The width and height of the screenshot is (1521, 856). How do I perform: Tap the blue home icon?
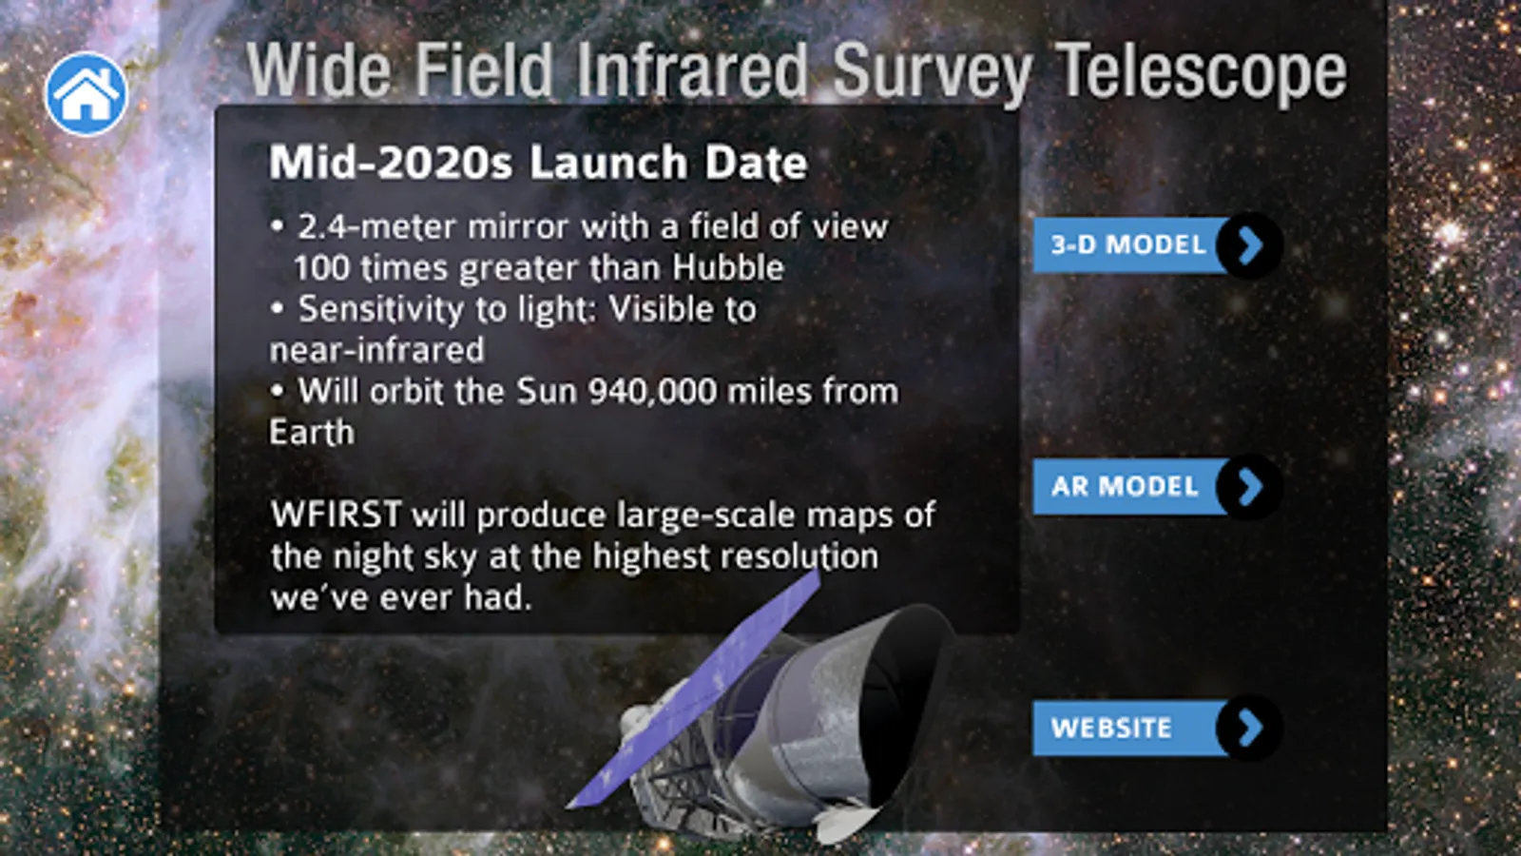click(87, 94)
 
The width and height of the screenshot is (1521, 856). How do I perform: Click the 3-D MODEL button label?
click(1127, 244)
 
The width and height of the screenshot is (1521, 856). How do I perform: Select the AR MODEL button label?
click(1125, 486)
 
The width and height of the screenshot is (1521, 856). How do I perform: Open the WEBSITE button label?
click(1111, 729)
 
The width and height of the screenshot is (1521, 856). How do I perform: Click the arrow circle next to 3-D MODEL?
click(1249, 245)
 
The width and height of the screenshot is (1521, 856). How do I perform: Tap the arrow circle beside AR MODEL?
click(1249, 486)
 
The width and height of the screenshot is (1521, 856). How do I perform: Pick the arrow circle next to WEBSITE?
click(1249, 729)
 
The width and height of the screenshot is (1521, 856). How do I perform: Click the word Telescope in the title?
click(1202, 71)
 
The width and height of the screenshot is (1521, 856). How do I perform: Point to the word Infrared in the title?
click(692, 69)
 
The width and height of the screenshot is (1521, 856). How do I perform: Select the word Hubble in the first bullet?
click(728, 267)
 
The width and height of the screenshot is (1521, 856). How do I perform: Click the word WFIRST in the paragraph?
click(337, 515)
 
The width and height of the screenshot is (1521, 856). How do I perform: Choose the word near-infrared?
click(376, 351)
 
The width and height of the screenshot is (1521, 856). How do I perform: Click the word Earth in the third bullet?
click(312, 433)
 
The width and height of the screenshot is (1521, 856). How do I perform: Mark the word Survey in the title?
click(932, 72)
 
